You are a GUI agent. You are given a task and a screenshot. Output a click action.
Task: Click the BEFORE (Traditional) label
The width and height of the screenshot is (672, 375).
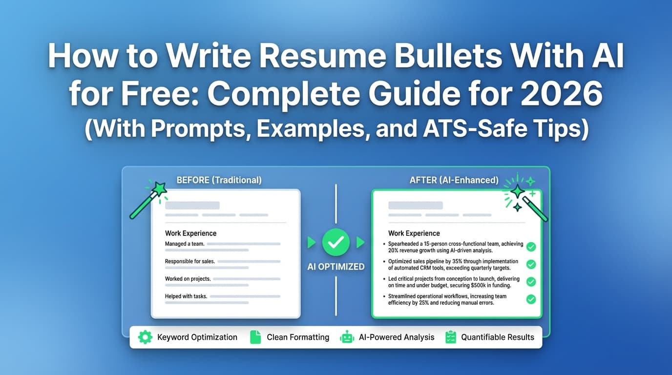click(x=219, y=180)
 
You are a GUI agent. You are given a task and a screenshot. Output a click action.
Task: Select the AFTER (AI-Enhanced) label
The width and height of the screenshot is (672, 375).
click(x=454, y=180)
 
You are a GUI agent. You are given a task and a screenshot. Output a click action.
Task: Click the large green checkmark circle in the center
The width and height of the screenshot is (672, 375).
click(x=336, y=242)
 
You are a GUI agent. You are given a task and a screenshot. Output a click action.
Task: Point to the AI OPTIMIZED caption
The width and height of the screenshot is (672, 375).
click(x=336, y=267)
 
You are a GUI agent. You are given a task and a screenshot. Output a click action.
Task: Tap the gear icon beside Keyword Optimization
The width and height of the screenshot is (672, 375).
click(x=145, y=337)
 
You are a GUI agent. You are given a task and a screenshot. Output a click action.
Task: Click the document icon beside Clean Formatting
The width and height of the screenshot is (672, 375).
click(x=255, y=337)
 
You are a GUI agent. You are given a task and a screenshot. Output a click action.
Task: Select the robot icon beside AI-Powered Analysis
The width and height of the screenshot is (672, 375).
click(x=347, y=337)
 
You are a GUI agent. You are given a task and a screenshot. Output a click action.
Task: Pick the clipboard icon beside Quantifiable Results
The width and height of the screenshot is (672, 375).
click(x=451, y=337)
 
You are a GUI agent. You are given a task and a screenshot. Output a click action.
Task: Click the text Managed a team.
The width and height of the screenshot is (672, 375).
click(x=185, y=244)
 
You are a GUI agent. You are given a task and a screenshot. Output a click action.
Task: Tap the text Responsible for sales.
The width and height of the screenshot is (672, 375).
click(x=189, y=261)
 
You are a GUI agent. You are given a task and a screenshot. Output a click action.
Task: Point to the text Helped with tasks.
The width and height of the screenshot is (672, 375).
click(x=186, y=296)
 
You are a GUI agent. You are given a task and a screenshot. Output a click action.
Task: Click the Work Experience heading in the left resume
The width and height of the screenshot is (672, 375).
click(x=190, y=233)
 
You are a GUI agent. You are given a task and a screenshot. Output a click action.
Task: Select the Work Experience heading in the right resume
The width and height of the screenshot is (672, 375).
click(x=414, y=233)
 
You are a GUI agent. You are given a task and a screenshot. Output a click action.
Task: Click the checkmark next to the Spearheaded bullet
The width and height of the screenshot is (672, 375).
click(x=531, y=247)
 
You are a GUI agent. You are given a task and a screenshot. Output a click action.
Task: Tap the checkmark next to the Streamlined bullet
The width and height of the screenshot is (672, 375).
click(x=531, y=299)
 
